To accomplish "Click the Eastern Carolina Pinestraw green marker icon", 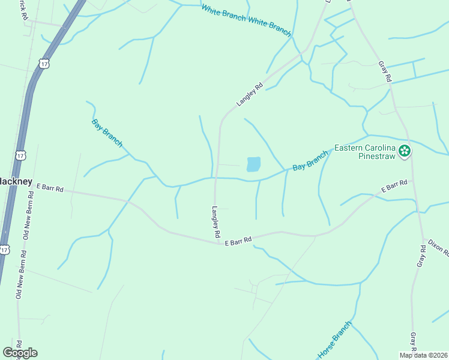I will [406, 151].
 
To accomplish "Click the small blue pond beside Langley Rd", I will [254, 164].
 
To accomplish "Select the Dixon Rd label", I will [438, 248].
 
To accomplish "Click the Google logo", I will [20, 353].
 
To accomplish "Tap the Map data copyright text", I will [423, 355].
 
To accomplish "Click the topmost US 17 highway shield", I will [43, 62].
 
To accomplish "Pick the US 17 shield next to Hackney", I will [20, 155].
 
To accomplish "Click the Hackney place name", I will [11, 181].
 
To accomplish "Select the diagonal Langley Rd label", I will [250, 95].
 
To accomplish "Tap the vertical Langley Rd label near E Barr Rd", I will [216, 222].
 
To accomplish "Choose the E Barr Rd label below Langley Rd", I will [238, 241].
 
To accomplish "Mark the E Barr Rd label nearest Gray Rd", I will [394, 186].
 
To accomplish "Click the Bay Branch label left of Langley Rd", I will [107, 133].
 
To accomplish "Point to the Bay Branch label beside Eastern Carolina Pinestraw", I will [310, 160].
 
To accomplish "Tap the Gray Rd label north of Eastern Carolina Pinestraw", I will [384, 71].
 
